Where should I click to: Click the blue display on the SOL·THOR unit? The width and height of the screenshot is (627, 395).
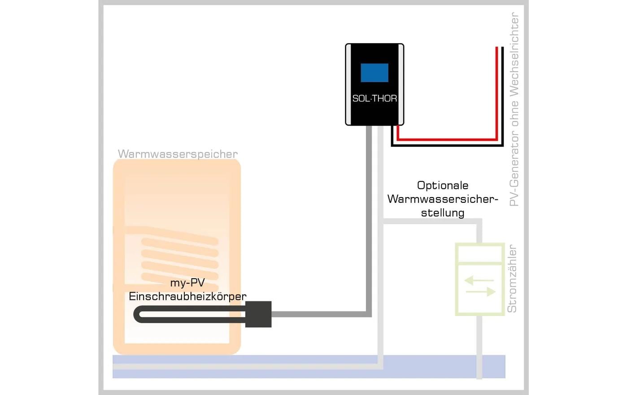pyautogui.click(x=374, y=73)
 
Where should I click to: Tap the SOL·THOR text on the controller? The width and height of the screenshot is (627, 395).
pyautogui.click(x=374, y=98)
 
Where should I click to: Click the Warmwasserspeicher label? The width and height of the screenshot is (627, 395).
pyautogui.click(x=178, y=154)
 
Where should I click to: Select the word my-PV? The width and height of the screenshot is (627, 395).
pyautogui.click(x=187, y=283)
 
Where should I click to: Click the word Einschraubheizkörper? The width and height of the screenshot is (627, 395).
pyautogui.click(x=187, y=296)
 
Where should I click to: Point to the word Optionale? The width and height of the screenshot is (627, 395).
pyautogui.click(x=443, y=185)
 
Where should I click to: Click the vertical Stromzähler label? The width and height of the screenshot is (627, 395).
pyautogui.click(x=512, y=279)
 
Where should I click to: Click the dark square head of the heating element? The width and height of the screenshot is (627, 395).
pyautogui.click(x=259, y=314)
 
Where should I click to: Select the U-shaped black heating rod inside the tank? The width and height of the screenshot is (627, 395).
pyautogui.click(x=188, y=314)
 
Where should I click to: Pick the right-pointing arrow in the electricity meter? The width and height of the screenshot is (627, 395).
pyautogui.click(x=481, y=292)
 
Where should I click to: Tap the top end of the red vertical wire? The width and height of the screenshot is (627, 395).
pyautogui.click(x=496, y=48)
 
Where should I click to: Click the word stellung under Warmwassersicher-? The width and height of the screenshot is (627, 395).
pyautogui.click(x=443, y=213)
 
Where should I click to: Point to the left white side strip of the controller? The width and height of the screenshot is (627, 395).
pyautogui.click(x=348, y=84)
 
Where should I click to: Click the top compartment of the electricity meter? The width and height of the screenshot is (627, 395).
pyautogui.click(x=479, y=255)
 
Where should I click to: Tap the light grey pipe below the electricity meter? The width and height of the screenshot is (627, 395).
pyautogui.click(x=479, y=346)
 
